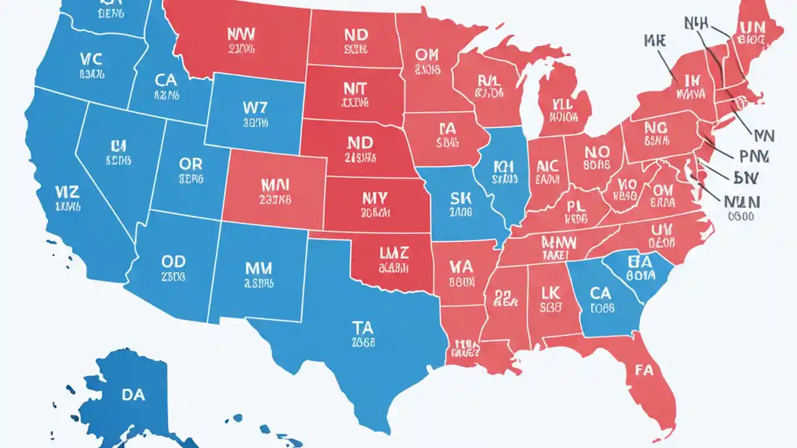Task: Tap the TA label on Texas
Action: (362, 327)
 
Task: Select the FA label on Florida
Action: (644, 370)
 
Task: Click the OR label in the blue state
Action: (191, 164)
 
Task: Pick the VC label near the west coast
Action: (91, 59)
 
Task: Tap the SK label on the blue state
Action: (461, 197)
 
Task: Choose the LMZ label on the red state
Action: (394, 253)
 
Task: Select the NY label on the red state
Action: (374, 198)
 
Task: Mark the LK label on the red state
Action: (550, 292)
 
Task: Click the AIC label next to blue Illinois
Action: (547, 166)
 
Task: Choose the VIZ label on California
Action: (65, 191)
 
